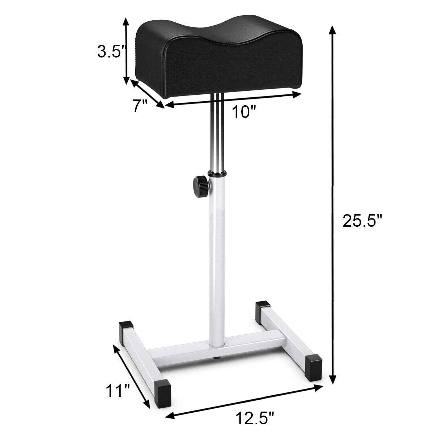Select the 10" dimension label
(x=242, y=112)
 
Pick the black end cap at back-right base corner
(x=263, y=310)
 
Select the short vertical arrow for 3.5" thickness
(x=126, y=51)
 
